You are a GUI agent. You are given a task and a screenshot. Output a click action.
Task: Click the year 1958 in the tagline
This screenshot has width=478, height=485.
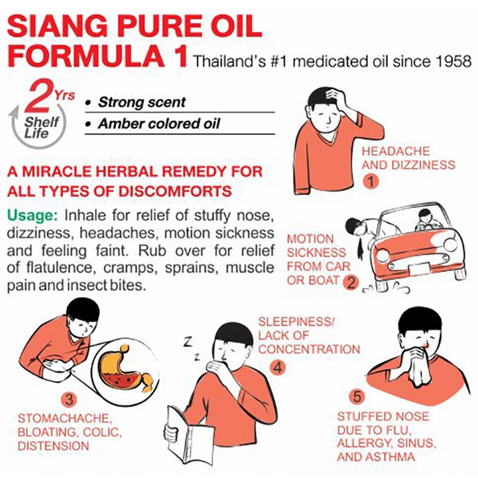pyautogui.click(x=453, y=62)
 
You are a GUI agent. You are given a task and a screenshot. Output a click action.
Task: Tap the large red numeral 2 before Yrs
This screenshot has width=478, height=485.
pyautogui.click(x=39, y=96)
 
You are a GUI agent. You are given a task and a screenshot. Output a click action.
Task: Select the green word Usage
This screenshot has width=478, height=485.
pyautogui.click(x=33, y=215)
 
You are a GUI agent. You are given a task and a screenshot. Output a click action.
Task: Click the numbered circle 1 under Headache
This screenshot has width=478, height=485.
pyautogui.click(x=371, y=182)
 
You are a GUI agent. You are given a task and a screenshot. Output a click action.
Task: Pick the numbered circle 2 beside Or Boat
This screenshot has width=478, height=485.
pyautogui.click(x=351, y=281)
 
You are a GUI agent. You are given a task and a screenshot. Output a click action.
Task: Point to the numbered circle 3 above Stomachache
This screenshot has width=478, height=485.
pyautogui.click(x=69, y=399)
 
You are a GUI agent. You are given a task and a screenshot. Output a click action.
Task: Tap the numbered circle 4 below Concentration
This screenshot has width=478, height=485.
pyautogui.click(x=277, y=368)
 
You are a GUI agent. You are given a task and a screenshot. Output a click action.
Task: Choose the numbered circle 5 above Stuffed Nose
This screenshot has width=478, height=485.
pyautogui.click(x=357, y=397)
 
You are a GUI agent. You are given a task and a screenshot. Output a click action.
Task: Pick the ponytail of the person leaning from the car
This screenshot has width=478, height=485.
pyautogui.click(x=360, y=246)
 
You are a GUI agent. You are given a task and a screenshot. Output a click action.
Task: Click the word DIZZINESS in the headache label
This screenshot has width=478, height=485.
pyautogui.click(x=423, y=165)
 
